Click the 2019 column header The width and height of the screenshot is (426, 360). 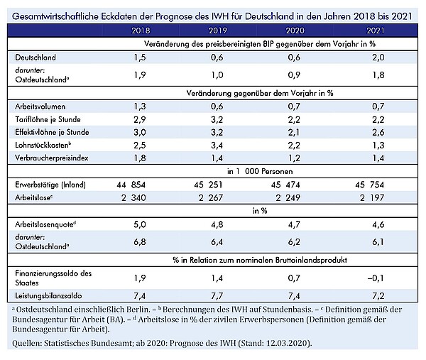pyautogui.click(x=218, y=31)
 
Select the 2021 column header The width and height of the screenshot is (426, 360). pyautogui.click(x=375, y=31)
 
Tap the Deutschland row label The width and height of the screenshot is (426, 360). pyautogui.click(x=35, y=58)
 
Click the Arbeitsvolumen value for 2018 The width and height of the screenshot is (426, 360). pyautogui.click(x=140, y=107)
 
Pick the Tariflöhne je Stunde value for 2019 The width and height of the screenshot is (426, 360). pyautogui.click(x=217, y=119)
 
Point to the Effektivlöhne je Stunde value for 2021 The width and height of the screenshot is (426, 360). pyautogui.click(x=378, y=132)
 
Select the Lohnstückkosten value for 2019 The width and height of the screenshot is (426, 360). pyautogui.click(x=217, y=146)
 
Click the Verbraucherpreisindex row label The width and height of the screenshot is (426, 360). pyautogui.click(x=52, y=158)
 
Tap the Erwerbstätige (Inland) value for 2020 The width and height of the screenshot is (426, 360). pyautogui.click(x=285, y=185)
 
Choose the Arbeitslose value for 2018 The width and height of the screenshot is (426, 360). pyautogui.click(x=133, y=197)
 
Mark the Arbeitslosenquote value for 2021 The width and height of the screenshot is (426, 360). pyautogui.click(x=378, y=224)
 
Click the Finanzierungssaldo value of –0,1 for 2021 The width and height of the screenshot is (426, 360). pyautogui.click(x=376, y=278)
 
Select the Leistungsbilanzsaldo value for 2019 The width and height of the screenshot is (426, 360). pyautogui.click(x=217, y=295)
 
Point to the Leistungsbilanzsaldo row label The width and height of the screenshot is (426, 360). pyautogui.click(x=48, y=295)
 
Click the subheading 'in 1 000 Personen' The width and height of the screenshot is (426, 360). pyautogui.click(x=260, y=171)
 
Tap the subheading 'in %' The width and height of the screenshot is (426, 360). pyautogui.click(x=260, y=211)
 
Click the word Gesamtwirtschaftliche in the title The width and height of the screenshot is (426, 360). pyautogui.click(x=55, y=16)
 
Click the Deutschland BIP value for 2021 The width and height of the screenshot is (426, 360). pyautogui.click(x=378, y=58)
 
